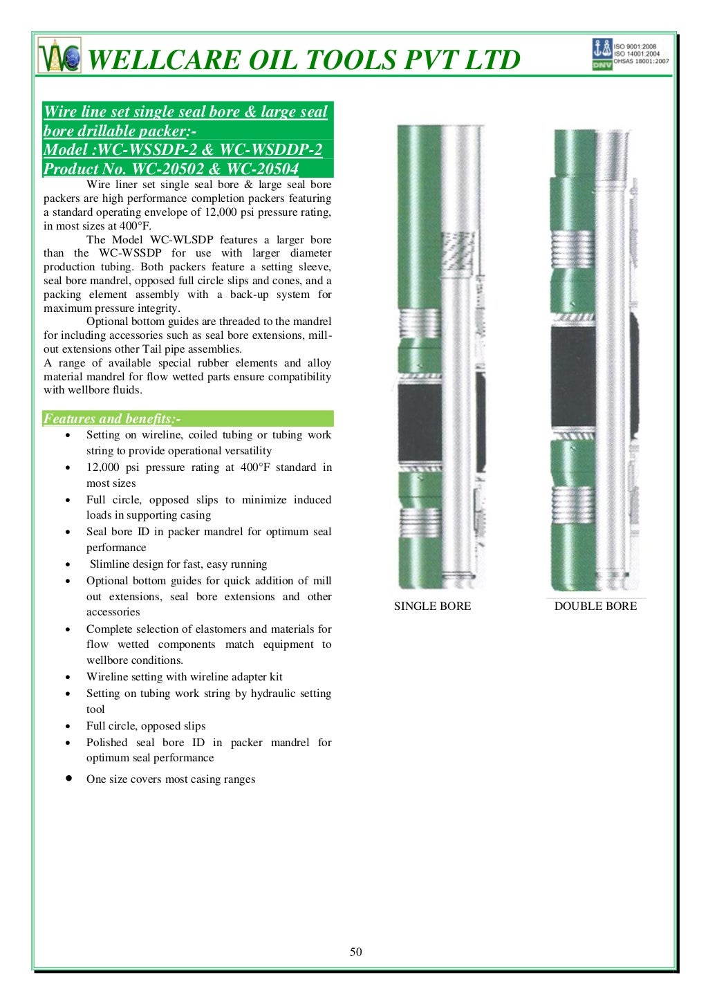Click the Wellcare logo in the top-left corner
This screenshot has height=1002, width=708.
[59, 56]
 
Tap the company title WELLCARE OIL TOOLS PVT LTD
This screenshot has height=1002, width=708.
[304, 60]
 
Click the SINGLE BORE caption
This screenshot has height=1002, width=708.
[432, 606]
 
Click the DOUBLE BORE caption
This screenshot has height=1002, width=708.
[595, 606]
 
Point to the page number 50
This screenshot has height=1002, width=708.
[355, 952]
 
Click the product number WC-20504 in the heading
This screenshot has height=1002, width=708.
[263, 169]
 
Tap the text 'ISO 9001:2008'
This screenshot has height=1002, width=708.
[635, 46]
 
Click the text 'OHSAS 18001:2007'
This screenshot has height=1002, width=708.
[641, 62]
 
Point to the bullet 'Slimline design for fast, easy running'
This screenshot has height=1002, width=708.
[178, 564]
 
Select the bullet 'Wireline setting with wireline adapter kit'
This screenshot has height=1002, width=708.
[184, 677]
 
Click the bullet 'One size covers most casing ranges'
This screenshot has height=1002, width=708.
[171, 779]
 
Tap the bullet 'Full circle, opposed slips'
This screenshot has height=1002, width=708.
[146, 726]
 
